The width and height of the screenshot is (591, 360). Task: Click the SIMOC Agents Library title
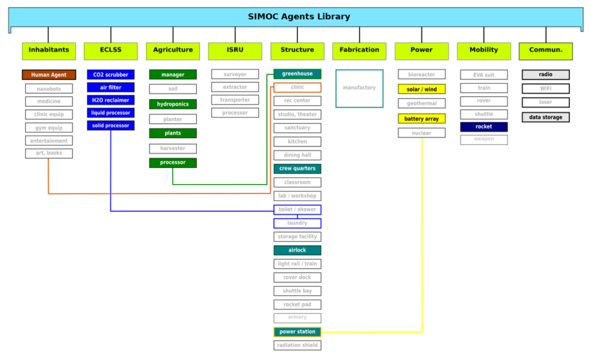[299, 17]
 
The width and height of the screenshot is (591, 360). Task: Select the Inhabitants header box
[49, 51]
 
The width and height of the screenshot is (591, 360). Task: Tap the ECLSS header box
[111, 51]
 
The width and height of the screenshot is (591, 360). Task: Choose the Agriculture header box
[173, 51]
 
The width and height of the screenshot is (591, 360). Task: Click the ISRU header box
[235, 51]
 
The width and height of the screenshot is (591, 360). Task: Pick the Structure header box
[297, 51]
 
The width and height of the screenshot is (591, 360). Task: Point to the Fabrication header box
[360, 51]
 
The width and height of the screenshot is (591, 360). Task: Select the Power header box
[422, 51]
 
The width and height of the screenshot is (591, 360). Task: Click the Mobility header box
[484, 51]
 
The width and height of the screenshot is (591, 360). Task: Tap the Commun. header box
[546, 51]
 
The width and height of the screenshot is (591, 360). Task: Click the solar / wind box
[422, 89]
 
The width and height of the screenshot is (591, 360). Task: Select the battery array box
[422, 118]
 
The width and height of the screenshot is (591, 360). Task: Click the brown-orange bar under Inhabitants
[49, 74]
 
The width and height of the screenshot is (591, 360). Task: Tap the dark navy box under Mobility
[484, 127]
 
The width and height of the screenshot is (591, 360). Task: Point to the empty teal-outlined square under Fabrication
[360, 88]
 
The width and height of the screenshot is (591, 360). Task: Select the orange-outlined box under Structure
[297, 87]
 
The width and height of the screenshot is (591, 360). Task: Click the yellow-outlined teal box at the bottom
[297, 332]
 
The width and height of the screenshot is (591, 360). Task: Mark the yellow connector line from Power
[422, 231]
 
